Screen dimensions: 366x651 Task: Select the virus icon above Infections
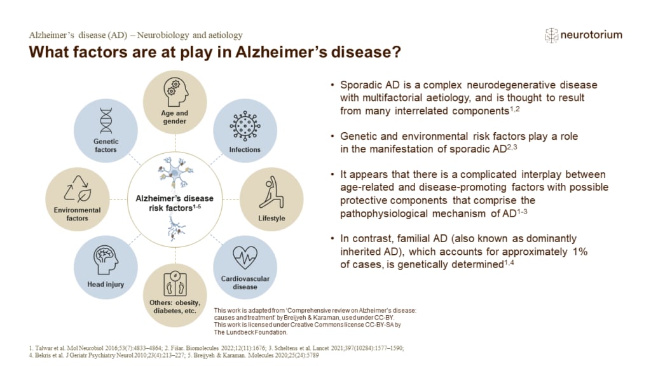[244, 125]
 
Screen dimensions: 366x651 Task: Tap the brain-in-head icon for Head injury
[106, 259]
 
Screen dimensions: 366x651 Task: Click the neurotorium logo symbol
[551, 35]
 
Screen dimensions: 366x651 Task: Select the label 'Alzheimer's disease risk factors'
[175, 203]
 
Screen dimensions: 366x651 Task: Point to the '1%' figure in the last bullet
[577, 252]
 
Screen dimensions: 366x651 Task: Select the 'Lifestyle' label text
[272, 219]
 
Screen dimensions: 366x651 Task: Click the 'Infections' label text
[245, 150]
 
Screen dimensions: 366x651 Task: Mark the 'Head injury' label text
[105, 285]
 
